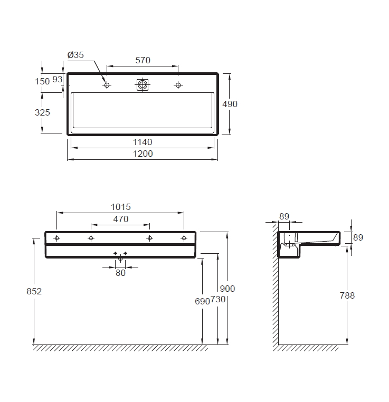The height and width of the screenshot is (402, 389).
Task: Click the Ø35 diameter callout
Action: pyautogui.click(x=75, y=55)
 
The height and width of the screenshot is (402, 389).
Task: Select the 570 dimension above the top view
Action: pyautogui.click(x=143, y=60)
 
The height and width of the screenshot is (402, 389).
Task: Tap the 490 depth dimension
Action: pyautogui.click(x=230, y=104)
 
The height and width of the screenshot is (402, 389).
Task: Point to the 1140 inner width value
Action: pyautogui.click(x=143, y=142)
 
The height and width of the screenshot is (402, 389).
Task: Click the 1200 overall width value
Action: pyautogui.click(x=143, y=154)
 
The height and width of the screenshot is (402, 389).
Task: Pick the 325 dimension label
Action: pyautogui.click(x=42, y=112)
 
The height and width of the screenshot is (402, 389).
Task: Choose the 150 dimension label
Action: pyautogui.click(x=42, y=81)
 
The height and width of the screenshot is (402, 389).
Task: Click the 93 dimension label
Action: pyautogui.click(x=58, y=80)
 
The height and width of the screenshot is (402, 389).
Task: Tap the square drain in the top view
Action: pyautogui.click(x=143, y=85)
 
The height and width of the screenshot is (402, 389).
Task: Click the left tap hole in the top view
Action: pyautogui.click(x=107, y=85)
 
